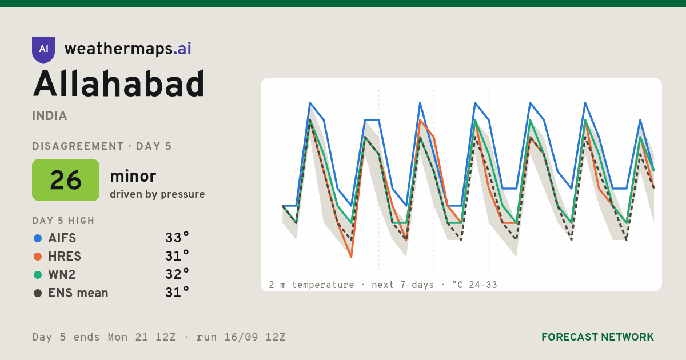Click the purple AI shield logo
tap(43, 50)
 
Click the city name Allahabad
tap(118, 83)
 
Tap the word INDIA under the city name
tap(50, 116)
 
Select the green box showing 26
tap(66, 180)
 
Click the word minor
tap(133, 176)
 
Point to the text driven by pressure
tap(157, 194)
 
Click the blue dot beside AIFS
tap(38, 238)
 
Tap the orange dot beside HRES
tap(38, 257)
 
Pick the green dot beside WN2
tap(38, 275)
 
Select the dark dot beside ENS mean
tap(38, 293)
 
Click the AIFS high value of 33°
tap(177, 238)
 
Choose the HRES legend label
tap(65, 257)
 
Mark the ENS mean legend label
tap(78, 293)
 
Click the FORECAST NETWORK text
tap(597, 337)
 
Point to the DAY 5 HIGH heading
tap(63, 221)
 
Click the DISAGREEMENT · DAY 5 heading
tap(102, 146)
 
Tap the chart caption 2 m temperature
tap(311, 285)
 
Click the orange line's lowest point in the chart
tap(351, 257)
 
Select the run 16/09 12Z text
tap(241, 337)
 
